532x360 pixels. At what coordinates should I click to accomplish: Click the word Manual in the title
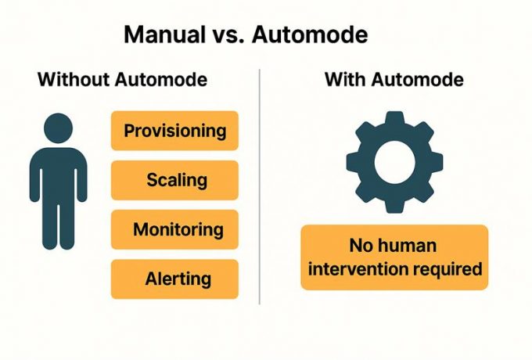point(164,34)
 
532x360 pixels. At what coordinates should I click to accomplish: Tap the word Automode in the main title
point(310,34)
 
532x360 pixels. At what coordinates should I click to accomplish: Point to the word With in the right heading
point(345,79)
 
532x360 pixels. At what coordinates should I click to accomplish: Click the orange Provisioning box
point(174,131)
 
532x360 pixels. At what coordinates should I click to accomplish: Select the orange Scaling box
point(174,180)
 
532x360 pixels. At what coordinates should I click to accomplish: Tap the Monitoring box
point(174,230)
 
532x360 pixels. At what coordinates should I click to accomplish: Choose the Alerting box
point(174,279)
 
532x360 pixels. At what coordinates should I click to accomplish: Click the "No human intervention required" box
point(394,257)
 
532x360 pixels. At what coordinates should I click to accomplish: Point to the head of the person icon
point(59,128)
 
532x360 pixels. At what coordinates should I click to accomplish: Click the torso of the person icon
point(59,175)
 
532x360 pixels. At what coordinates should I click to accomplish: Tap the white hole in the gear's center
point(394,162)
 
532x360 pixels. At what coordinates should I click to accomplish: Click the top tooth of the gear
point(394,119)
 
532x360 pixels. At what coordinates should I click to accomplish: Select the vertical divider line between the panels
point(260,186)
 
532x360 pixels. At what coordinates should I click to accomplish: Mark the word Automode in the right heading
point(417,79)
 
